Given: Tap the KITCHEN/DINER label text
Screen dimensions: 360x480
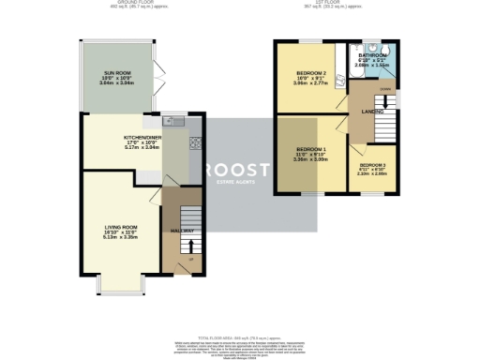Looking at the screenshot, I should [142, 137].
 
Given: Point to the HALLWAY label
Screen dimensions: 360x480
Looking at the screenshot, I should [181, 231].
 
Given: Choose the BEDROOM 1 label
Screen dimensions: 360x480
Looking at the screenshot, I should [311, 150].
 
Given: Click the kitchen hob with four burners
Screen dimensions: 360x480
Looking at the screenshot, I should [197, 142].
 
